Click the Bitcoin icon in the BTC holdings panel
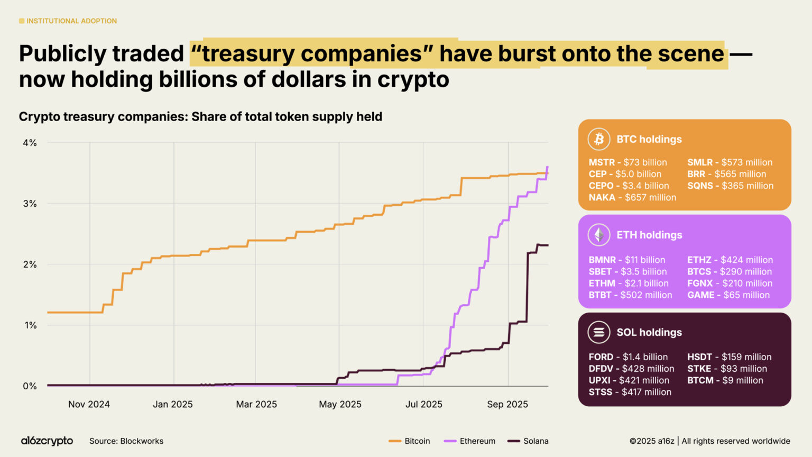click(598, 139)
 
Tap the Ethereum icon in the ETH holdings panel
click(598, 235)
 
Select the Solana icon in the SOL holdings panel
click(598, 332)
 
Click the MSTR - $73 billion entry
click(628, 162)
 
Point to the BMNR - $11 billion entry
click(626, 260)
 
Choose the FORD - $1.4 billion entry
click(628, 357)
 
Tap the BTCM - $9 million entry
click(725, 380)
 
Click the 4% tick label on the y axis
click(30, 143)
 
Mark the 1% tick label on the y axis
click(30, 325)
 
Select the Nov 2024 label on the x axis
click(89, 404)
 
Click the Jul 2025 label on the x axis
click(423, 404)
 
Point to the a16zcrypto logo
click(47, 441)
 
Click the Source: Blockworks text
click(126, 441)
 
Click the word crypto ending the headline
click(413, 80)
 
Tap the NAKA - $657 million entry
click(632, 197)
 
